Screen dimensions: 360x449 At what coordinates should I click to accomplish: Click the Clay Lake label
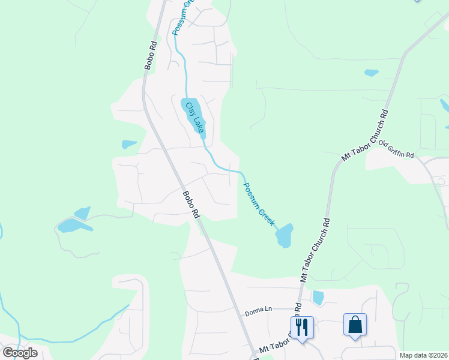pyautogui.click(x=194, y=117)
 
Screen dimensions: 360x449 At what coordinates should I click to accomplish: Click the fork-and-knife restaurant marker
pyautogui.click(x=302, y=327)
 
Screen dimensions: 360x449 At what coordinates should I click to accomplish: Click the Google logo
pyautogui.click(x=20, y=352)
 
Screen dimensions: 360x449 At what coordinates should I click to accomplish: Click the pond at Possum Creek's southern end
pyautogui.click(x=284, y=235)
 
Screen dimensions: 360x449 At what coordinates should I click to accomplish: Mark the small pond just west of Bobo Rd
pyautogui.click(x=129, y=144)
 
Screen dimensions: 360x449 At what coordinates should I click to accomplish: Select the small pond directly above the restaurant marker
pyautogui.click(x=318, y=297)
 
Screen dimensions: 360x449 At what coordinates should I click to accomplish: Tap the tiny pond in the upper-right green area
pyautogui.click(x=372, y=73)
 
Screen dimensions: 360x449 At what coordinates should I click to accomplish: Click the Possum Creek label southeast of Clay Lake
pyautogui.click(x=259, y=203)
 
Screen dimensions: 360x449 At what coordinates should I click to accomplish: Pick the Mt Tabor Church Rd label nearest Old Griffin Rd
pyautogui.click(x=365, y=135)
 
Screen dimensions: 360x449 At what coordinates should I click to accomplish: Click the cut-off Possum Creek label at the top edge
pyautogui.click(x=182, y=17)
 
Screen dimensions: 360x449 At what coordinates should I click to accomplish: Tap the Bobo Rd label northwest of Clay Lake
pyautogui.click(x=151, y=55)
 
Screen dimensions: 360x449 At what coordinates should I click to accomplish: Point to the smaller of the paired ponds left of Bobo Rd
pyautogui.click(x=82, y=212)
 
